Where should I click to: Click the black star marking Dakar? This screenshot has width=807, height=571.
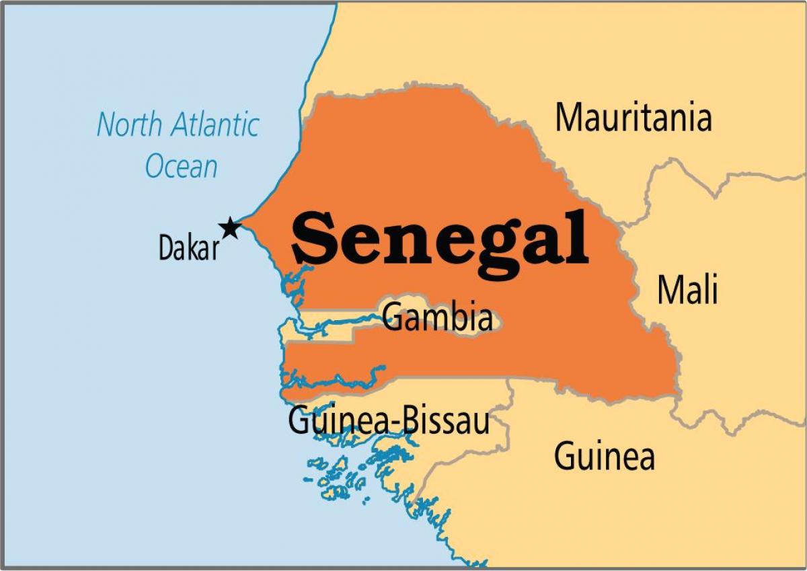coord(230,228)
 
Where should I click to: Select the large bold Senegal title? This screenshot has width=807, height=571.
coord(440,238)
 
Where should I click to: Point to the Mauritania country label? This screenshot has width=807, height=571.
coord(633,118)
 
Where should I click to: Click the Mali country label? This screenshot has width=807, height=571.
coord(687,291)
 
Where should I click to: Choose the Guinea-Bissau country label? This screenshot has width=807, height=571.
coord(389,421)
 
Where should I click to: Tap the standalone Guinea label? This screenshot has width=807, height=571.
coord(604,457)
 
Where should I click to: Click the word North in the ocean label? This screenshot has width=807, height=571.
coord(128,126)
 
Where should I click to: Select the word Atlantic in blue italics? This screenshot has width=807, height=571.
coord(215,126)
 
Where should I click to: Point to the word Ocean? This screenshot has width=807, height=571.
coord(182,166)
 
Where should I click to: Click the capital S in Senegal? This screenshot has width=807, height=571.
coord(315,238)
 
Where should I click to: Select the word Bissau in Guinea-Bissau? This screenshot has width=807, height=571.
coord(445,421)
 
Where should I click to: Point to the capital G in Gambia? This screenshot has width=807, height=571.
coord(391,318)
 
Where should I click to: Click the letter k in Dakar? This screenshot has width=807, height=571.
coord(192,248)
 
